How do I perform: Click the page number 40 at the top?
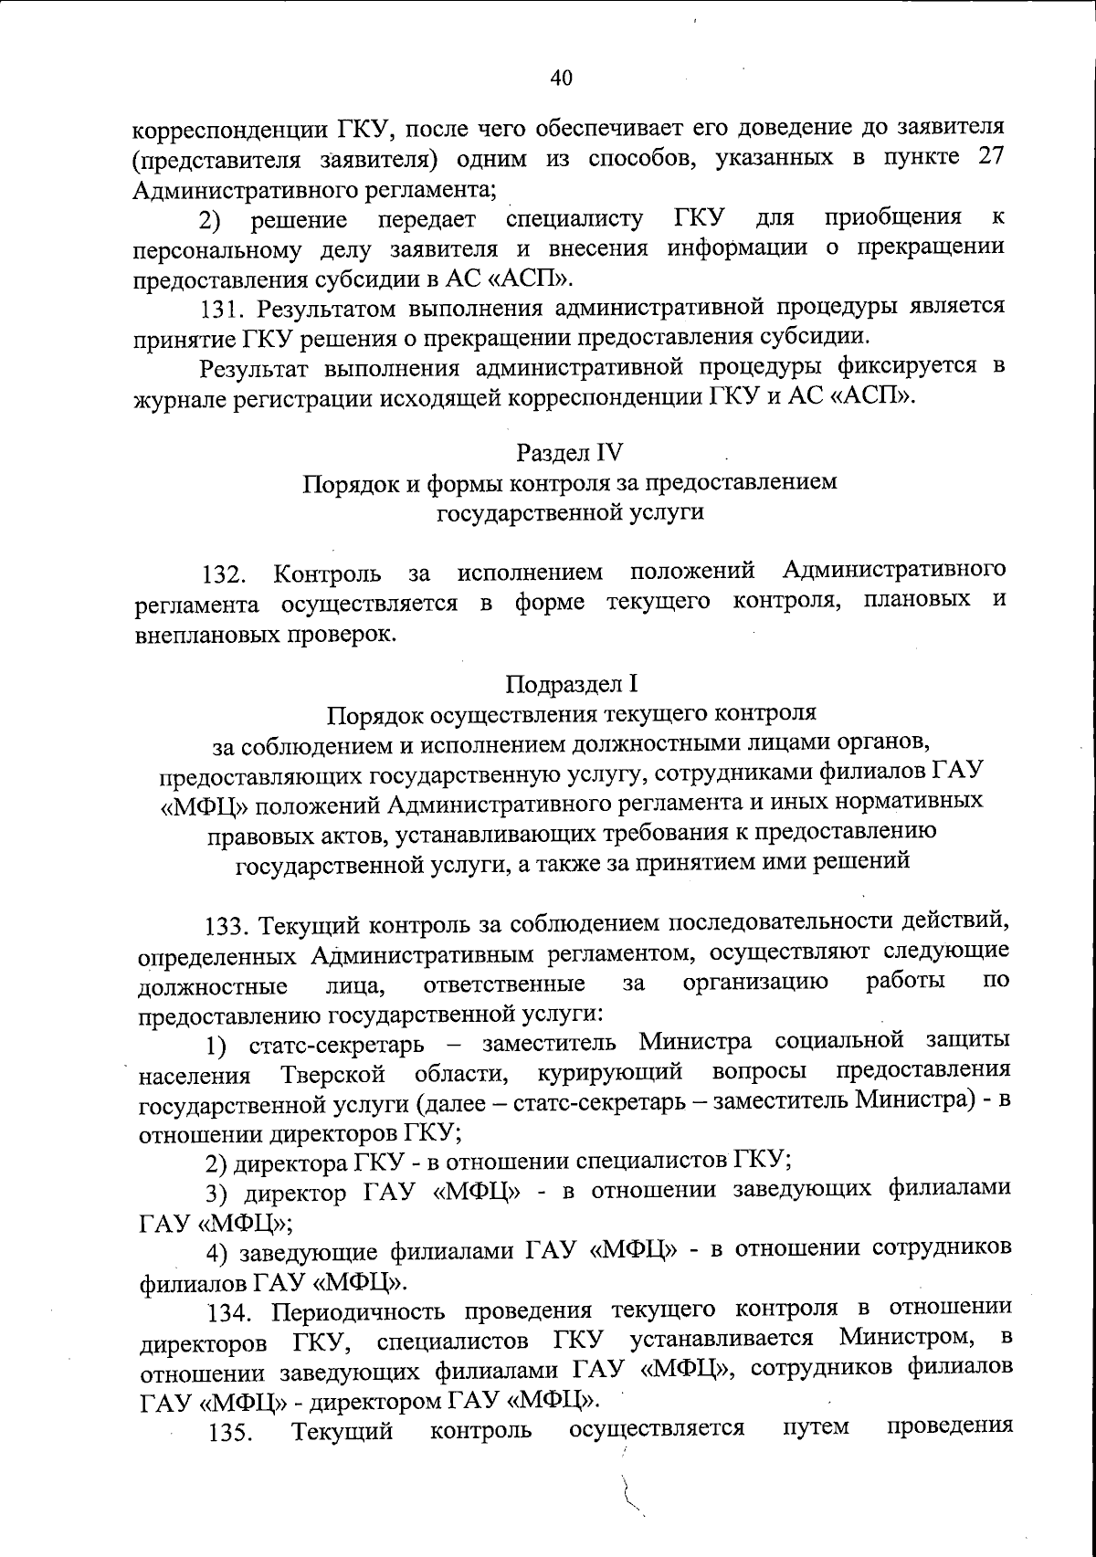pyautogui.click(x=561, y=79)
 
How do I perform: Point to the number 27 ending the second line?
pyautogui.click(x=989, y=156)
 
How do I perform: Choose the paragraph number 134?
pyautogui.click(x=232, y=1313)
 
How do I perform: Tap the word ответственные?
pyautogui.click(x=504, y=984)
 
